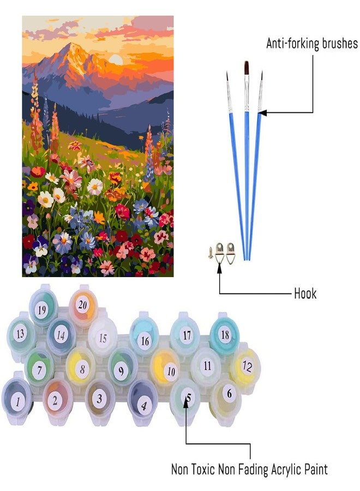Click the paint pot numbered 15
[103, 336]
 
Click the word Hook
[305, 294]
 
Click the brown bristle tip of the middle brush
[247, 67]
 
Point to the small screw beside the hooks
[211, 252]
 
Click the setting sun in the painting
[116, 59]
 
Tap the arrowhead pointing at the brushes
[262, 113]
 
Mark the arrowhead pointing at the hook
[219, 268]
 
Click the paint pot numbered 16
[144, 335]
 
